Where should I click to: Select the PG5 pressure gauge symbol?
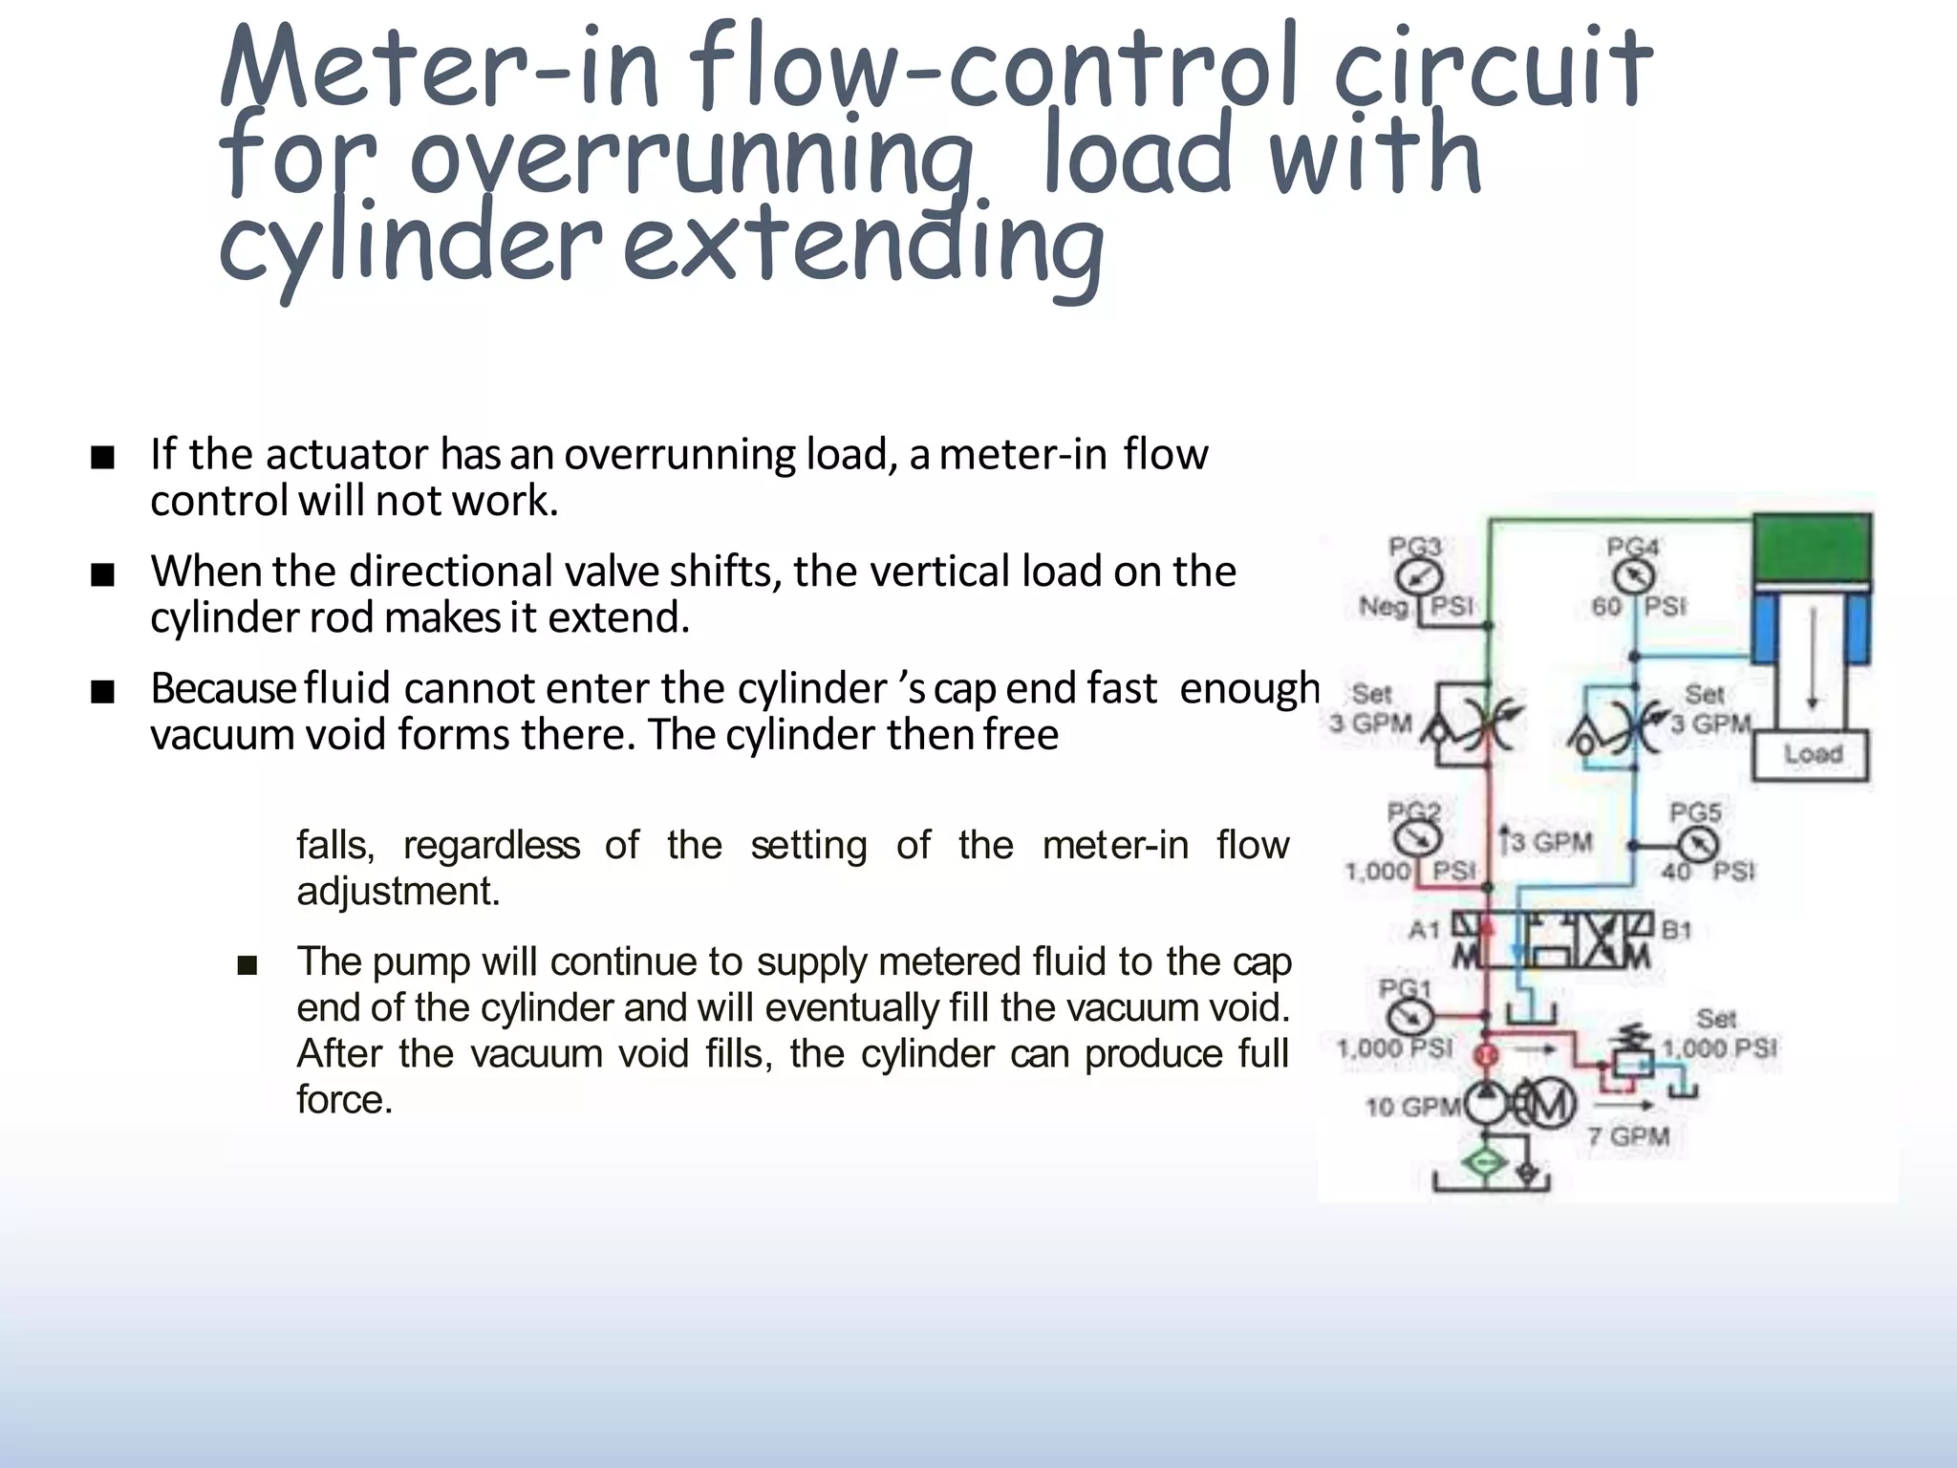1696,845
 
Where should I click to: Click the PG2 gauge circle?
1415,839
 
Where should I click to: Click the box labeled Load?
1811,754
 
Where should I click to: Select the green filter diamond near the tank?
1485,1162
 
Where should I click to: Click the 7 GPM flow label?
1628,1136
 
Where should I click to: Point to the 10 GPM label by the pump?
1411,1107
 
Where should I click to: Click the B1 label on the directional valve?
1676,930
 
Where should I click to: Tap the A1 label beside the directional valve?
1424,929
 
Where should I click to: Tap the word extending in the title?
864,244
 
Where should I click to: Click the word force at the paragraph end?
344,1099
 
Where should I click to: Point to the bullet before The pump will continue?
247,966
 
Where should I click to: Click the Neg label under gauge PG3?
1383,606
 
